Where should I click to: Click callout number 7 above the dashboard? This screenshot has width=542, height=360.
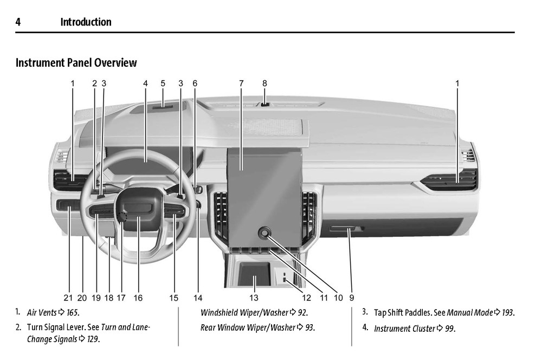241,83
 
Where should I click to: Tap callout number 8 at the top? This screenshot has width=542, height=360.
264,83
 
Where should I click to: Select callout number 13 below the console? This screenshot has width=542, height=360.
254,298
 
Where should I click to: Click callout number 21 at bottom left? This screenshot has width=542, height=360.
68,298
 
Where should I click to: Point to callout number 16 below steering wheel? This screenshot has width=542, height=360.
138,298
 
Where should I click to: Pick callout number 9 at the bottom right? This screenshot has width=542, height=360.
352,298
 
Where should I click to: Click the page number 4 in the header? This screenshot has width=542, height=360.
18,22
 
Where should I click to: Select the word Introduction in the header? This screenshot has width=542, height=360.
86,22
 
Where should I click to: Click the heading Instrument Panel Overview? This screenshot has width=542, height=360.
76,63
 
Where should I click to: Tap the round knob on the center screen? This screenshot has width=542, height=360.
264,233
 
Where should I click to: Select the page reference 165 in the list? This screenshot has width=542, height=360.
73,312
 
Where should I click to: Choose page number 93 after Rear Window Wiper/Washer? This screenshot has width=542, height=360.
309,327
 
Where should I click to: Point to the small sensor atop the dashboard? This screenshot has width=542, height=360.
264,104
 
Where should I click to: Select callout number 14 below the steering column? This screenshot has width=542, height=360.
197,298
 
